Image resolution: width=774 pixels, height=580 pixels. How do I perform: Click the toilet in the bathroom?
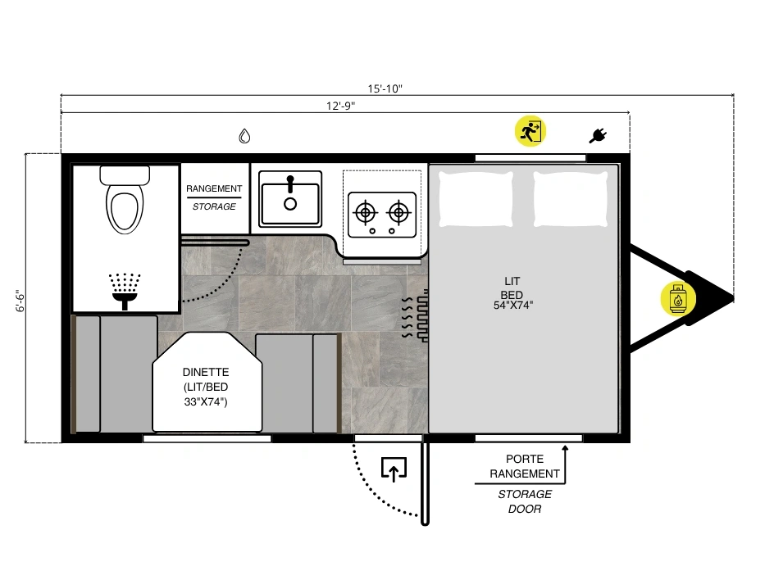point(125,199)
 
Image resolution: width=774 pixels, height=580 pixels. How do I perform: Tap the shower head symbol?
point(125,291)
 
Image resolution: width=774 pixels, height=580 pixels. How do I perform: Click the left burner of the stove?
point(366,213)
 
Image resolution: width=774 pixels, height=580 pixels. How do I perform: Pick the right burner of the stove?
point(398,213)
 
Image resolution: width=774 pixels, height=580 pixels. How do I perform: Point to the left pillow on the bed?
point(476,199)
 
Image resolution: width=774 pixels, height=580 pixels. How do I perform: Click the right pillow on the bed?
point(571,199)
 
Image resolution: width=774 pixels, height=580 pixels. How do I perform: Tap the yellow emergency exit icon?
point(530,132)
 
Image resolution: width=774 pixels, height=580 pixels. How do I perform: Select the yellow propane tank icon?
point(678,298)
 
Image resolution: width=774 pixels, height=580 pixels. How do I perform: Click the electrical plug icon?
point(598,135)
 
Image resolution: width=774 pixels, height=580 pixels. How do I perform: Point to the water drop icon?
point(244,136)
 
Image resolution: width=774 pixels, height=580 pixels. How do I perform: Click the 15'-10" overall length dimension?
point(385,88)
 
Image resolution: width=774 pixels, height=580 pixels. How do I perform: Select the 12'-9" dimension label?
point(340,106)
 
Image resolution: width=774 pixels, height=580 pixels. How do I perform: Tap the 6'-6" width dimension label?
point(20,301)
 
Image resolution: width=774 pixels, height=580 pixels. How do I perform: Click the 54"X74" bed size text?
point(513,306)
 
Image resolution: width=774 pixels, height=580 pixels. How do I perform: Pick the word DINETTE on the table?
point(206,373)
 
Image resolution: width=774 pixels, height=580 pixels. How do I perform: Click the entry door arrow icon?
point(394,469)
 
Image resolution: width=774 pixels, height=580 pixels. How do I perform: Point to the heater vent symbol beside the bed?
point(415,317)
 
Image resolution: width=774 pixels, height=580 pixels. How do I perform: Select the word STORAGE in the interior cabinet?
point(214,206)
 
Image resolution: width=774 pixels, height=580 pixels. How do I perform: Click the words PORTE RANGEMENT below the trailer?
point(525,467)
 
